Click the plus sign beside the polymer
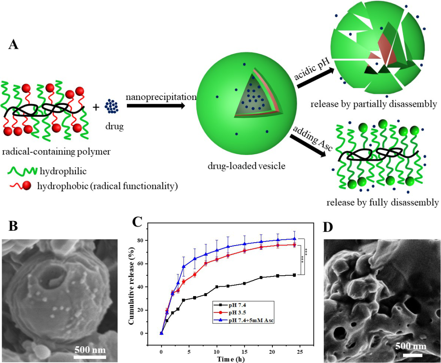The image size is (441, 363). pyautogui.click(x=96, y=107)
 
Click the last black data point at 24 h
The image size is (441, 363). pyautogui.click(x=294, y=275)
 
